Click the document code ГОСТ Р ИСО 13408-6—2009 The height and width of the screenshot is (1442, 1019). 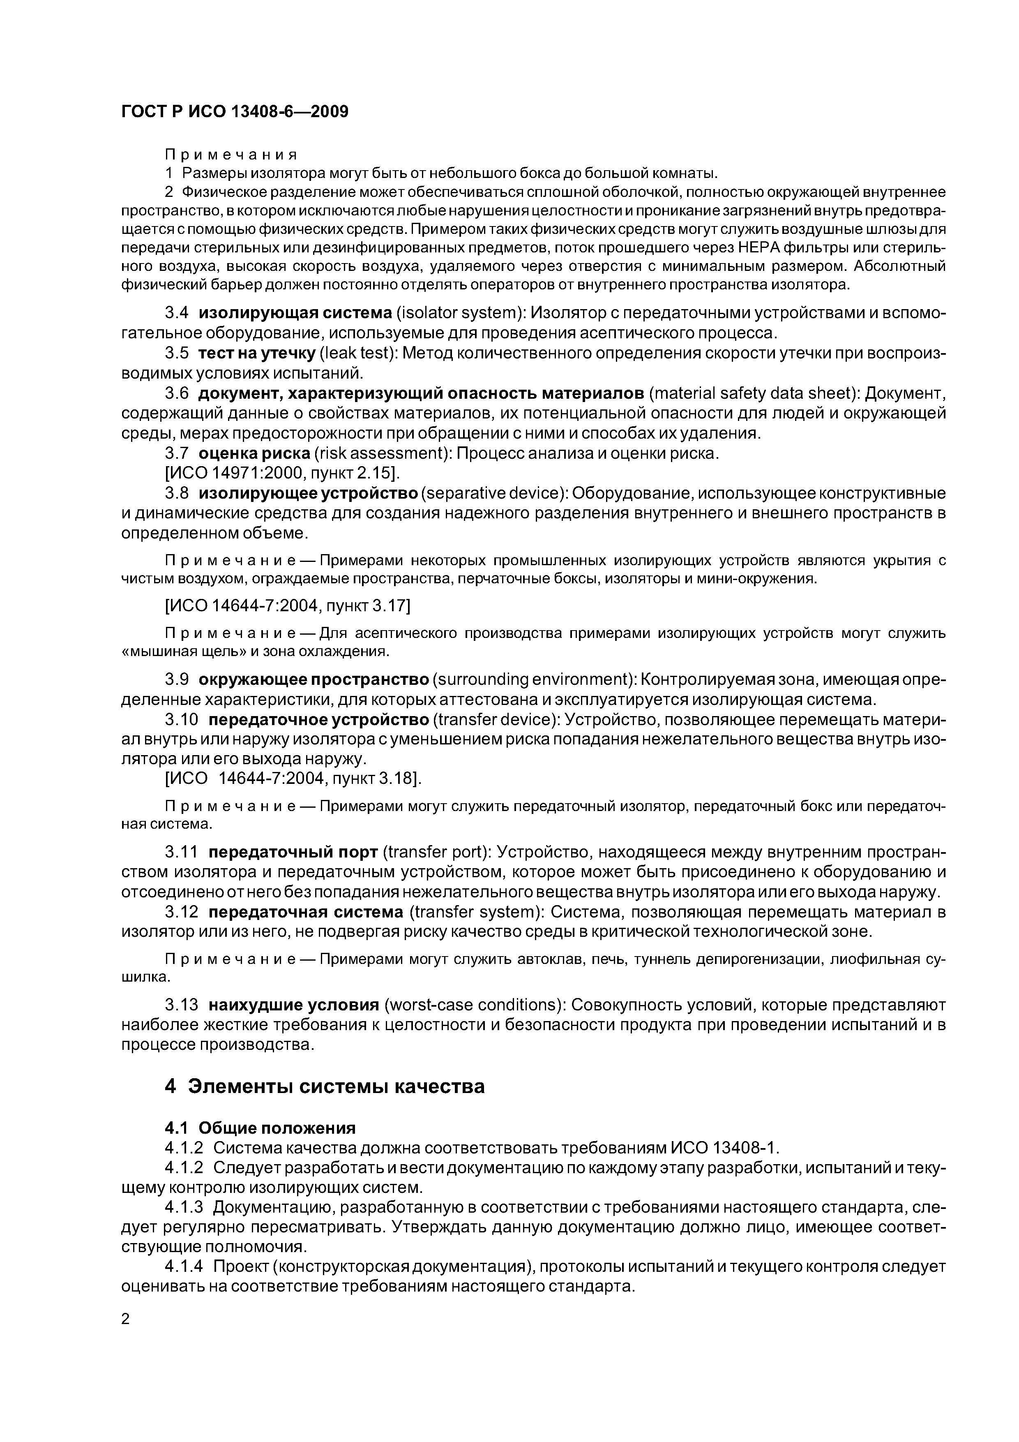pyautogui.click(x=234, y=112)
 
